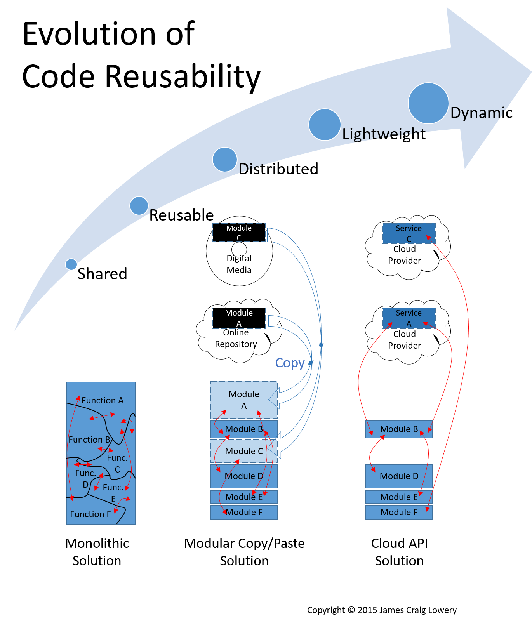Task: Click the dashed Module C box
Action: point(239,233)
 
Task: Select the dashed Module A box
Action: point(239,318)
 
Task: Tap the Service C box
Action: point(409,233)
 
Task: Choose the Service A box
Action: point(409,318)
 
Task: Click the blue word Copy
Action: point(290,363)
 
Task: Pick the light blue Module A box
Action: point(243,400)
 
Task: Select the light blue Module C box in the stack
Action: point(243,451)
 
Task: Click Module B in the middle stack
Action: point(243,429)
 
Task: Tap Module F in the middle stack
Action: point(243,512)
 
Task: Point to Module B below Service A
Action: point(399,429)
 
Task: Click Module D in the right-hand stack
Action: point(399,476)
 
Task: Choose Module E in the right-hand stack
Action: point(399,497)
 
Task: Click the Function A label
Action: point(103,400)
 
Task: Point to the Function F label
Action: point(90,514)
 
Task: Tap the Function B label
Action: point(89,440)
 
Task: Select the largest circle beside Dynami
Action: point(428,103)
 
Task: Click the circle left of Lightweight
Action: point(325,125)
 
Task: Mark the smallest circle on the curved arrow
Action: point(71,264)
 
